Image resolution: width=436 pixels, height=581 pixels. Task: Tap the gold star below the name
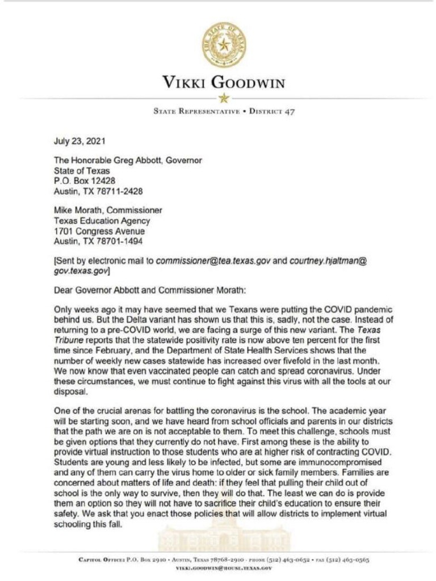[223, 99]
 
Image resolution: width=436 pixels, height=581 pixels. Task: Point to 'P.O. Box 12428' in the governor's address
[82, 180]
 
